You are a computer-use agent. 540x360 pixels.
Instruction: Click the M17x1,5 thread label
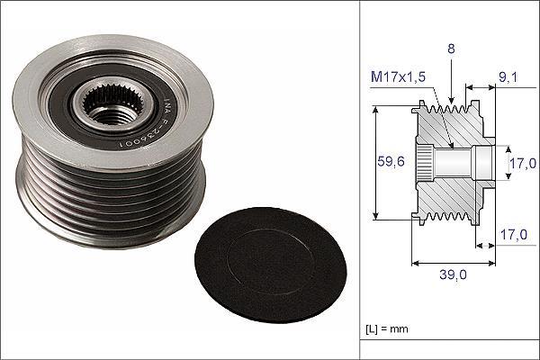click(398, 76)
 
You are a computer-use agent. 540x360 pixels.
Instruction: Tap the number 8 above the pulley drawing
click(451, 49)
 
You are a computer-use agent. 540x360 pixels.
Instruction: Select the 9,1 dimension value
click(508, 77)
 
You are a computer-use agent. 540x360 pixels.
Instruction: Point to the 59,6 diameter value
click(391, 161)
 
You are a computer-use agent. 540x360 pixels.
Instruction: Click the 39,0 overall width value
click(453, 274)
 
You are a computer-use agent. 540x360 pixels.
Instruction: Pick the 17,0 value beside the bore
click(523, 163)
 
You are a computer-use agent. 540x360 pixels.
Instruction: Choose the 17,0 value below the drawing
click(514, 235)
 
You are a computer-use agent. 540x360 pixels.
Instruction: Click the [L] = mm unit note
click(387, 328)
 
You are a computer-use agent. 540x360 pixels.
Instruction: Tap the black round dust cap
click(270, 265)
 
